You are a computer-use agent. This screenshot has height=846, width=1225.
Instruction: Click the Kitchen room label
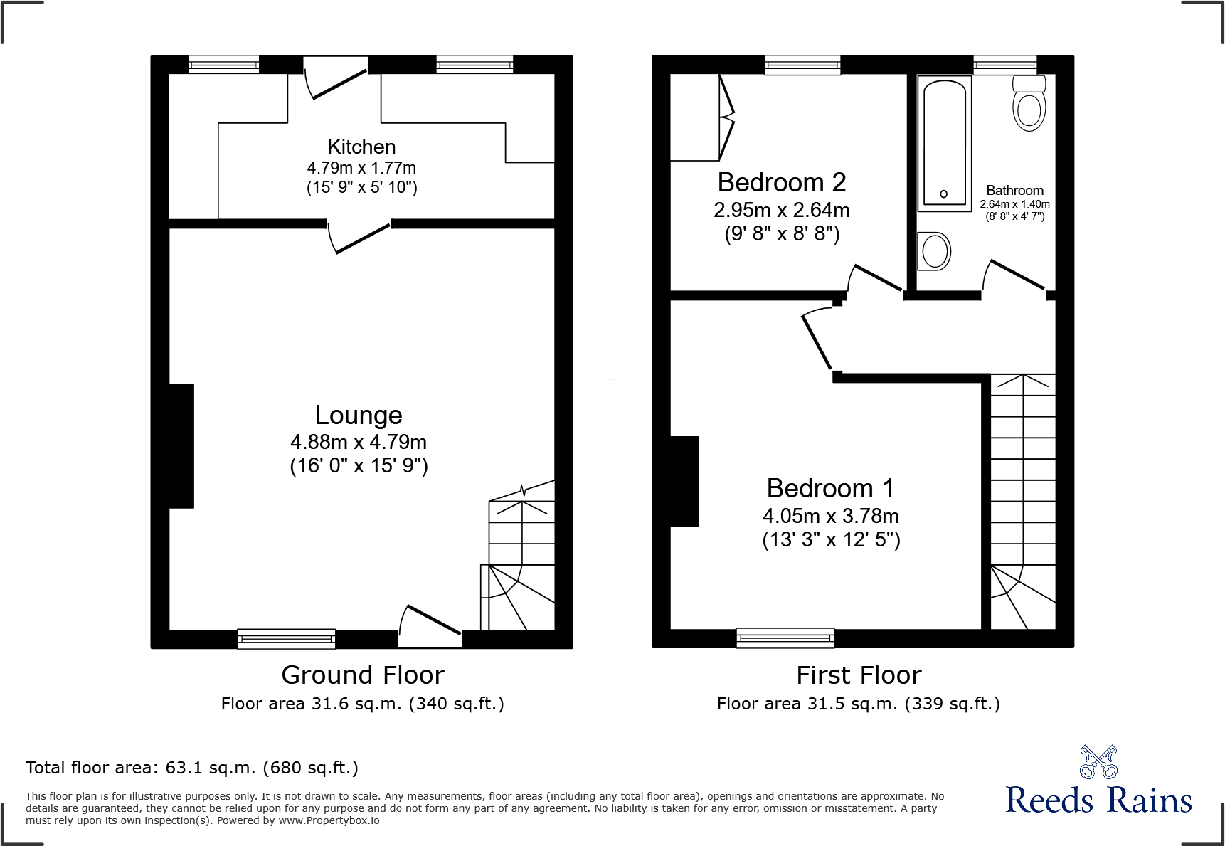361,147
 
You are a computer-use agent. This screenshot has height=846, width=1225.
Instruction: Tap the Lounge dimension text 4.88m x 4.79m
359,442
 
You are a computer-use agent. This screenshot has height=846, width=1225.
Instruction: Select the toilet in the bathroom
1029,105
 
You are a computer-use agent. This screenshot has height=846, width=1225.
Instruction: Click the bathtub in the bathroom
945,142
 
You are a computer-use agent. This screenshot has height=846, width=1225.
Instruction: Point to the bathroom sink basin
934,251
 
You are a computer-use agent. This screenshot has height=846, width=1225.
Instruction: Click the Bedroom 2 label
781,183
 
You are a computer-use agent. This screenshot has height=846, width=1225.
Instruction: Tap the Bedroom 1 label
830,489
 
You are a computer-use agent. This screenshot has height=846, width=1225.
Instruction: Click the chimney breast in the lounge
181,446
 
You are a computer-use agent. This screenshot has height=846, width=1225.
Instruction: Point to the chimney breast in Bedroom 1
684,482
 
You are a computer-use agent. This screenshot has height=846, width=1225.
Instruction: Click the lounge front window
286,638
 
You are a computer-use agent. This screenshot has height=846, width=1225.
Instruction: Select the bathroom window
1004,65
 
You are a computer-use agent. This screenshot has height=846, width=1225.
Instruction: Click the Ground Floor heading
363,675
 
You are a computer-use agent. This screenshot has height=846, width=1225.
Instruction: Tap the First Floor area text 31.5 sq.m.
858,704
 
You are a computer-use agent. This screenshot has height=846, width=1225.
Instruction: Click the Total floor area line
192,768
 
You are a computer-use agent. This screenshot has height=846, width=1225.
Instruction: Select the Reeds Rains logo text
1098,800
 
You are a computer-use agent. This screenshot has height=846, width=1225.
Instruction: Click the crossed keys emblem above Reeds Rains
1098,762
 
